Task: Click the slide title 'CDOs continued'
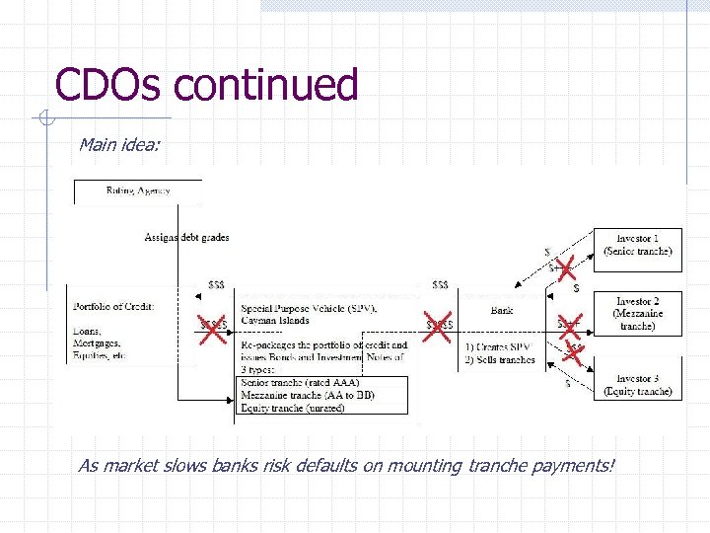point(206,85)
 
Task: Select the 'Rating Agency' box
point(138,190)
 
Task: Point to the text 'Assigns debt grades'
point(186,237)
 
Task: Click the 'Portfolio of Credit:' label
point(112,306)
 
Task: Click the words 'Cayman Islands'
point(275,320)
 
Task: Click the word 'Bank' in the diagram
point(502,310)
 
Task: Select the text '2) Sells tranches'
point(500,359)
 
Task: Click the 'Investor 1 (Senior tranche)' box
point(637,245)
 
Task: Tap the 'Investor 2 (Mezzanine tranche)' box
point(637,314)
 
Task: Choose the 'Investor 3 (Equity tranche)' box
point(637,385)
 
